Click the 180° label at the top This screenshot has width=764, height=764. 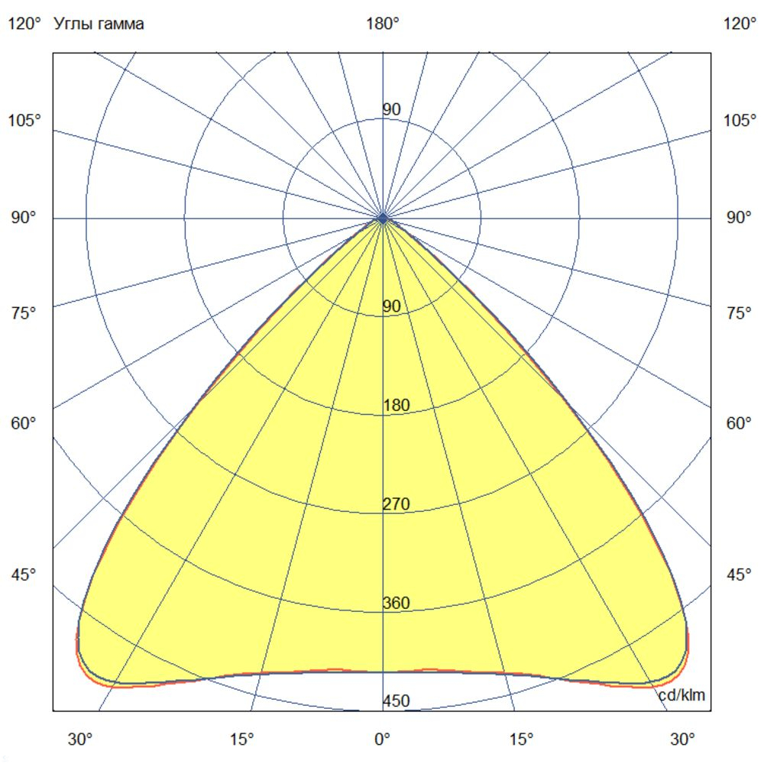[383, 24]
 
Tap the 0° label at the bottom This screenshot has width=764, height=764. [382, 739]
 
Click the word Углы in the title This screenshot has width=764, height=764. [71, 24]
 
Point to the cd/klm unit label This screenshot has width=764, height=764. [682, 695]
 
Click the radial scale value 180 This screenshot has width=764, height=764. [396, 406]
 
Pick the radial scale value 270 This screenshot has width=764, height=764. [396, 504]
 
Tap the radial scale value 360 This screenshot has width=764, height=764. [396, 604]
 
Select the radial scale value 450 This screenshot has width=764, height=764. [396, 701]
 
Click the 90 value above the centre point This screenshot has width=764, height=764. [391, 110]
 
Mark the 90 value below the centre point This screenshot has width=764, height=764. [391, 307]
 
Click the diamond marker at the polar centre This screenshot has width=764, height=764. [383, 219]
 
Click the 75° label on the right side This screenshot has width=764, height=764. [739, 313]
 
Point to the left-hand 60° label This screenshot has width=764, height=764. [23, 423]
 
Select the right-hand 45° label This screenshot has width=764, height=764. [739, 575]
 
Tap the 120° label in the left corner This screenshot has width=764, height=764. [24, 24]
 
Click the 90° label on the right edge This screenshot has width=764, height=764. [739, 219]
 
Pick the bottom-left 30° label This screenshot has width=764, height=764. [80, 739]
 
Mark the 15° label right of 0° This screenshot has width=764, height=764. [522, 739]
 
